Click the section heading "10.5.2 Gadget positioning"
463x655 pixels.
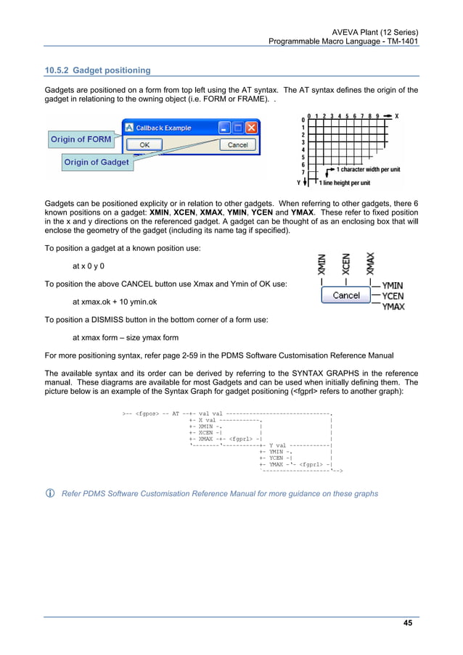pos(98,70)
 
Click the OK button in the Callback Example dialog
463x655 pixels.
pos(144,145)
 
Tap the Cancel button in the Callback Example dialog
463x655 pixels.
pos(237,145)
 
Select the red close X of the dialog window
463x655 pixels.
pos(251,128)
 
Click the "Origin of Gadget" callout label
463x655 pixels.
pos(96,162)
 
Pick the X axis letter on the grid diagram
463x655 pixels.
pos(396,116)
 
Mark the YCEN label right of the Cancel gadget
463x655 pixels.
pos(393,296)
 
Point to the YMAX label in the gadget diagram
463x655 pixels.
pos(393,307)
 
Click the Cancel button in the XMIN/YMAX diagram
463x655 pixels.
pos(346,295)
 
